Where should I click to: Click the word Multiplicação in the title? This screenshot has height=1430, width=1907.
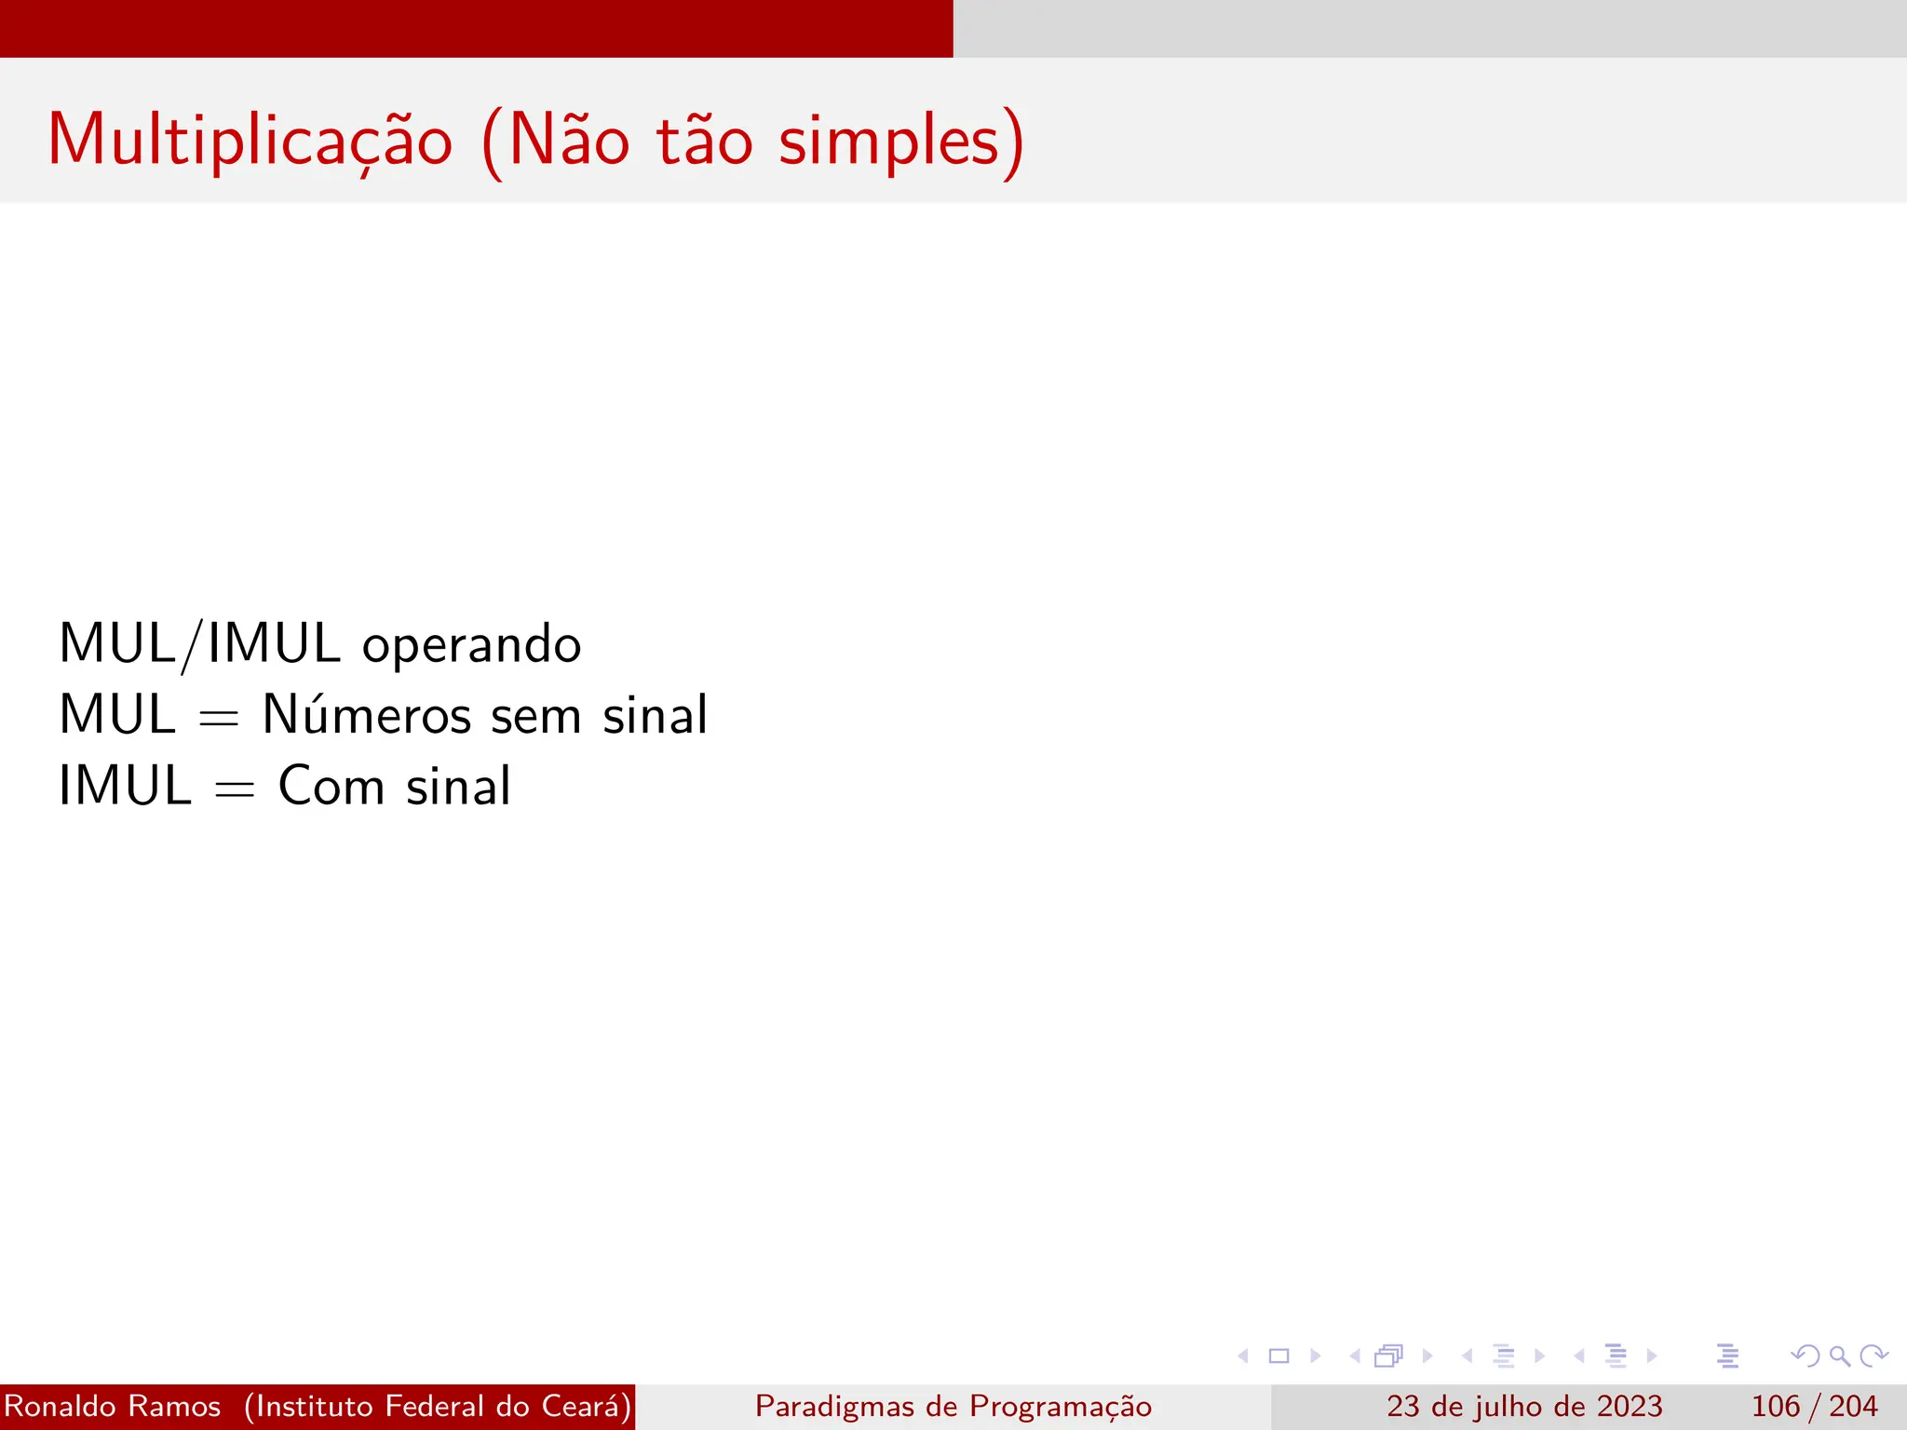coord(250,142)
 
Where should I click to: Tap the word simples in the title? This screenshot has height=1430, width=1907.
coord(889,142)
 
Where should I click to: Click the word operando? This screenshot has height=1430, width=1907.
coord(471,645)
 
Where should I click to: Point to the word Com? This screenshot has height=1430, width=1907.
coord(331,786)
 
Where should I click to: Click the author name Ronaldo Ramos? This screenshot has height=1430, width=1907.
coord(113,1406)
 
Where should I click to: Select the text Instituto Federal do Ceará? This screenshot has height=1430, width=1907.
coord(438,1406)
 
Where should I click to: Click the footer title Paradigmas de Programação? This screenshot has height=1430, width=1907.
coord(953,1406)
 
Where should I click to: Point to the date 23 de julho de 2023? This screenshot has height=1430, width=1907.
coord(1523,1406)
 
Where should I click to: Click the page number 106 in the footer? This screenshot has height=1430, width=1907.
coord(1775,1406)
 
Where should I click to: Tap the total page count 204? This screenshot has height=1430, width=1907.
coord(1853,1406)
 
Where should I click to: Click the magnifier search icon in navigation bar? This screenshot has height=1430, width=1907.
coord(1839,1356)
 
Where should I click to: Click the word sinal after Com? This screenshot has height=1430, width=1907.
coord(458,786)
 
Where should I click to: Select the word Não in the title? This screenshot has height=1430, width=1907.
coord(569,142)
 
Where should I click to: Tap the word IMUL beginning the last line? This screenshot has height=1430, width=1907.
coord(125,786)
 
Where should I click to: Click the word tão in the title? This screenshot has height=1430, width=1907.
coord(704,142)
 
